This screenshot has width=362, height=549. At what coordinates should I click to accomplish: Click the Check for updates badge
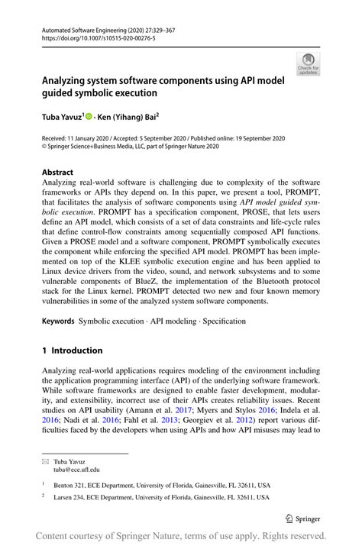point(308,64)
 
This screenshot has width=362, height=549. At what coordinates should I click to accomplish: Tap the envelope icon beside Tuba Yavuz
point(45,460)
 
